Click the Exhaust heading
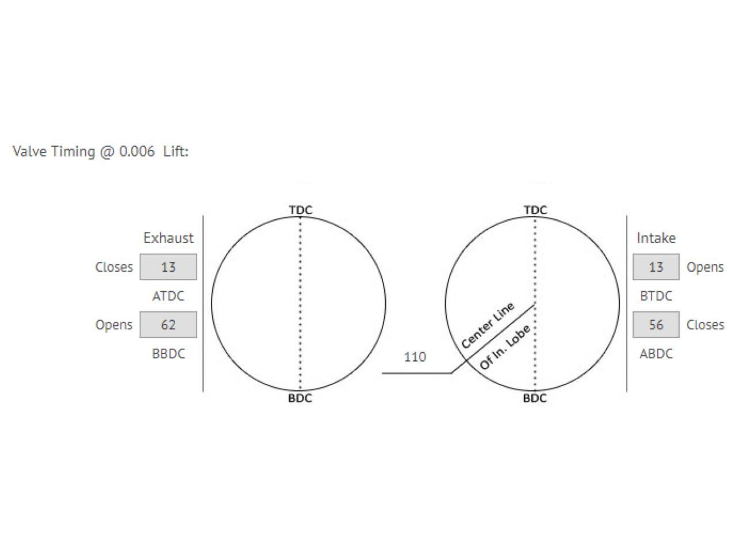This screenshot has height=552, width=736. tap(168, 238)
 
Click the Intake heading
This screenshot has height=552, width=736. tap(656, 238)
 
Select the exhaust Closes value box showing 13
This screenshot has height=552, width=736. tap(168, 267)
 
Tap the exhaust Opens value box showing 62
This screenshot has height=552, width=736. tap(168, 325)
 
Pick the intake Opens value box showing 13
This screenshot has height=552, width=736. tap(656, 267)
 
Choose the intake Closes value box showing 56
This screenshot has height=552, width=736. tap(656, 325)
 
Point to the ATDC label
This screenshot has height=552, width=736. tap(168, 296)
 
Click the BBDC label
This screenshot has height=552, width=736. tap(168, 353)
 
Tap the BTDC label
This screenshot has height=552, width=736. tap(656, 296)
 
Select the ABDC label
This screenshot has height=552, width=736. tap(656, 353)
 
